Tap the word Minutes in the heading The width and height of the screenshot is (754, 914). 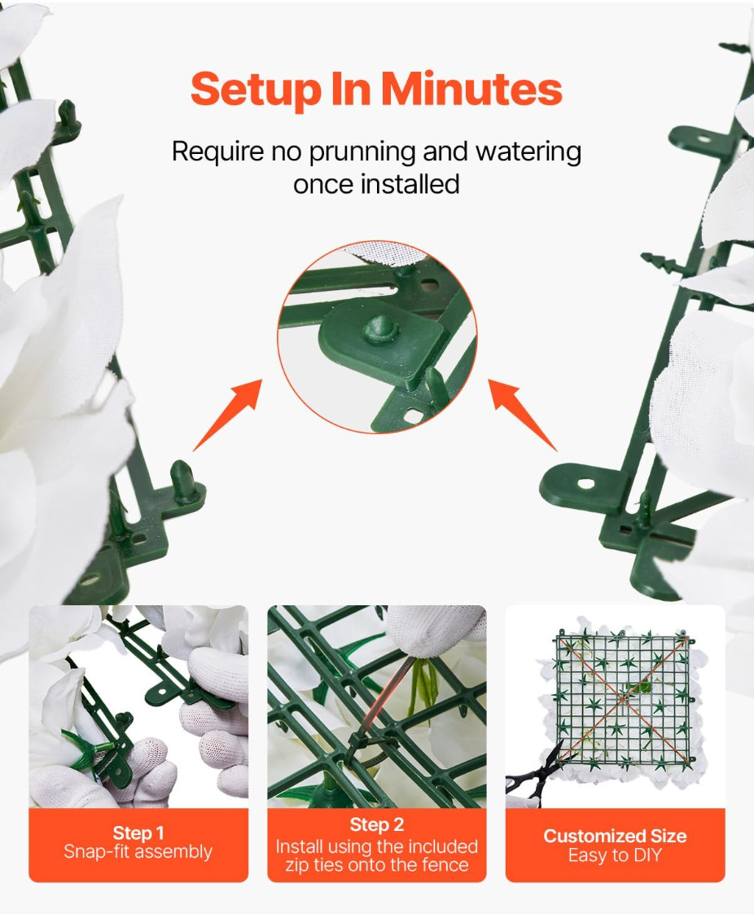[x=472, y=88]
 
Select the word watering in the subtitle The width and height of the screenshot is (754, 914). [x=528, y=152]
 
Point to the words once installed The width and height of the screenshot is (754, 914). [x=376, y=184]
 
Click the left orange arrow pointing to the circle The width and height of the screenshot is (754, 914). [x=228, y=415]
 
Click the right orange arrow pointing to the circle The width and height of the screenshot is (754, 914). [x=523, y=415]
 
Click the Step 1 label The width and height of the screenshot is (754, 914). [x=138, y=833]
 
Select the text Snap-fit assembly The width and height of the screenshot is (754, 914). [x=138, y=851]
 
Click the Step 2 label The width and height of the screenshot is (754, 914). [x=376, y=824]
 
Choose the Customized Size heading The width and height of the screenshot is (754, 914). [x=615, y=836]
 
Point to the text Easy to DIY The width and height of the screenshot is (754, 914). [x=615, y=855]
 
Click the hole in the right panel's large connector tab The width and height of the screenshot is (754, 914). [x=586, y=483]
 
